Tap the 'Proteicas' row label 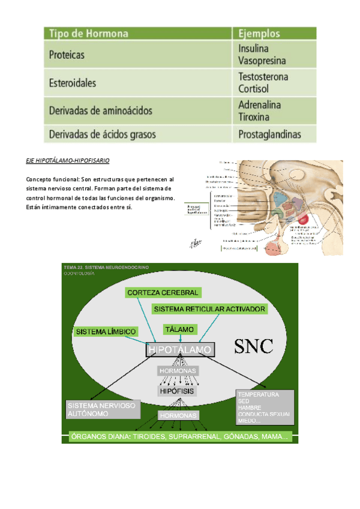[x=67, y=55]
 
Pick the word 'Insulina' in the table [x=253, y=49]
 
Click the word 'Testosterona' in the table [x=263, y=77]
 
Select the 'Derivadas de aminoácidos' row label [x=100, y=110]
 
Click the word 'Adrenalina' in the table [x=259, y=104]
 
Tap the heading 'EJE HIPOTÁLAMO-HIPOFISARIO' [x=68, y=161]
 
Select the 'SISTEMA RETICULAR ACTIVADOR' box [x=209, y=309]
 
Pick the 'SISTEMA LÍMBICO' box [x=106, y=331]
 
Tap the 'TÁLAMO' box [x=180, y=330]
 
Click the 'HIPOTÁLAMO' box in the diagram [x=179, y=349]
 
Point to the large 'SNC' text [x=253, y=346]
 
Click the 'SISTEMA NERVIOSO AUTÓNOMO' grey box [x=103, y=409]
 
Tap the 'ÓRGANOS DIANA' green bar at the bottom [x=179, y=436]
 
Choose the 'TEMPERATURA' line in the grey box [x=258, y=395]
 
